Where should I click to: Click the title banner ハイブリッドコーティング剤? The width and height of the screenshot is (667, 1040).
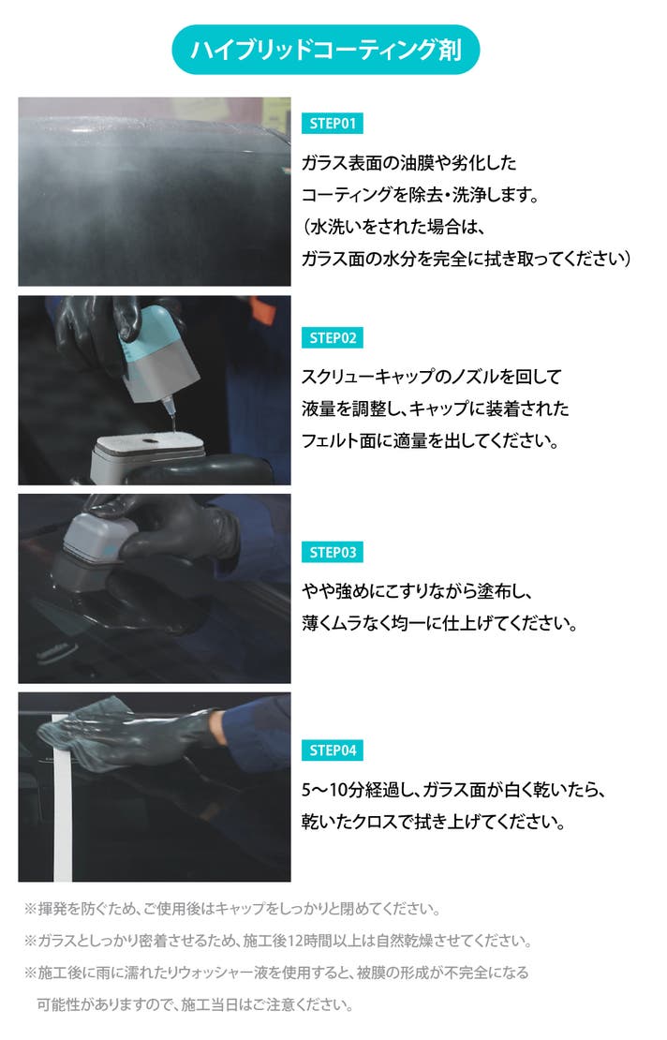click(x=326, y=50)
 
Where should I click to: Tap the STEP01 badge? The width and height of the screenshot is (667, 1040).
click(x=333, y=124)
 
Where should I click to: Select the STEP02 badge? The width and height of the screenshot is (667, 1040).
click(x=333, y=337)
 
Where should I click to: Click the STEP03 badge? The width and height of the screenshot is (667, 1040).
click(x=333, y=552)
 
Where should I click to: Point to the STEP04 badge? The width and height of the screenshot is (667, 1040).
click(x=333, y=750)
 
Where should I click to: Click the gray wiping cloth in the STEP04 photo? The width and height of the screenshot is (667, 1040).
click(x=86, y=733)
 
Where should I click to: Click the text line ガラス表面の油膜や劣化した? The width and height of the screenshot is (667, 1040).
click(x=408, y=162)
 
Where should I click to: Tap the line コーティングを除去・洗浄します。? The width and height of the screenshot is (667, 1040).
click(x=420, y=194)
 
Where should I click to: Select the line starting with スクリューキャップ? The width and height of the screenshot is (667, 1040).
click(x=432, y=377)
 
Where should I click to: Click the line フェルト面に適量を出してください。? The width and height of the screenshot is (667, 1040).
click(x=430, y=440)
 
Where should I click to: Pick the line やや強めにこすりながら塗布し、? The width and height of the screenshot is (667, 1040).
click(x=418, y=591)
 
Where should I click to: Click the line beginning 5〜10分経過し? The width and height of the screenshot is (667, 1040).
click(x=453, y=789)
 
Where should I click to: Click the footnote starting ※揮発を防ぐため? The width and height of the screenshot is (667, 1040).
click(x=232, y=909)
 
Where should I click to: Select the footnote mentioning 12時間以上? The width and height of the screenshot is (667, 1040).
click(x=278, y=941)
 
